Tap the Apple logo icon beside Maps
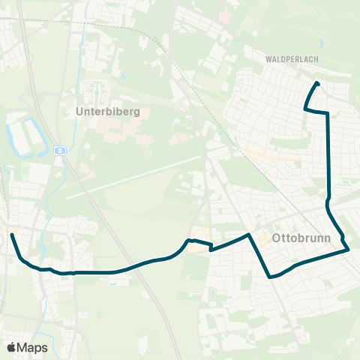(11, 347)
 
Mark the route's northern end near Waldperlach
(317, 82)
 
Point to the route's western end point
(11, 235)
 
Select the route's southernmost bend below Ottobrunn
(270, 276)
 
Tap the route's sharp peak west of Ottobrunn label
(247, 235)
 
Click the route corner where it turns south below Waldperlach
(328, 113)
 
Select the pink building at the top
(223, 15)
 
